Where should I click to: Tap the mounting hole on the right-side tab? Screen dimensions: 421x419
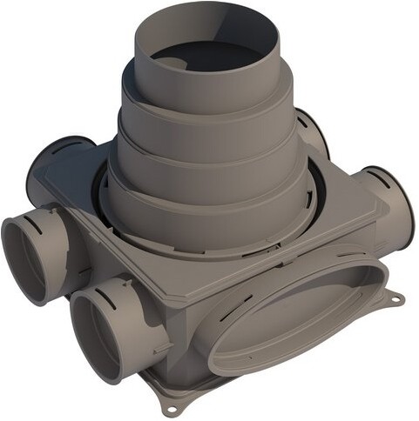click(x=397, y=298)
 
